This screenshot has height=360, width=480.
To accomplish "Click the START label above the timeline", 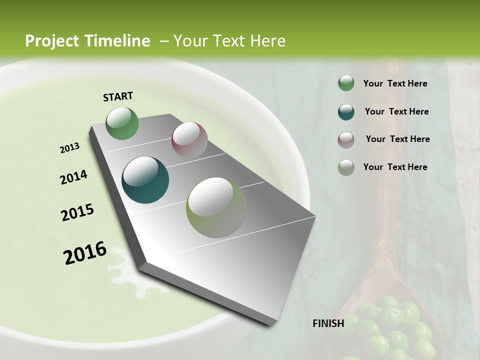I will (118, 96).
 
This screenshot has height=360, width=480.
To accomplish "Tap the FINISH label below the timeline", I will (328, 323).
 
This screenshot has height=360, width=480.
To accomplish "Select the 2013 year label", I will (69, 148).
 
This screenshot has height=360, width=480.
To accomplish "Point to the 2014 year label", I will (73, 177).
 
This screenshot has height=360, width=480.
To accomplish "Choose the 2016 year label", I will (85, 253).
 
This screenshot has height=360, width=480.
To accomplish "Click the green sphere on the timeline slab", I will (122, 123).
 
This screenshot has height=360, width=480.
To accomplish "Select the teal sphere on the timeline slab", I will (145, 180).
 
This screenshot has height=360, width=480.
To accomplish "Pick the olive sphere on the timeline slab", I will (216, 207).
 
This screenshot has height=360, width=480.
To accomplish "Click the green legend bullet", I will (346, 83).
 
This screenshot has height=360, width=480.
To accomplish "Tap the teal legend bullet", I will (346, 112).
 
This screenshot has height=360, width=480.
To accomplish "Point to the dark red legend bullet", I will (346, 140).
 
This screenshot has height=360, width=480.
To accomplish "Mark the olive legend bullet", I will (346, 167).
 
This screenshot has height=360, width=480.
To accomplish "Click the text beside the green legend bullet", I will (395, 84).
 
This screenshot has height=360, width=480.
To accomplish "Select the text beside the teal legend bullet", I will (396, 111).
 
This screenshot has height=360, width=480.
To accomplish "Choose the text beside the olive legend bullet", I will (395, 167).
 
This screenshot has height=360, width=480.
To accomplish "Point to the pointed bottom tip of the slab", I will (273, 324).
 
